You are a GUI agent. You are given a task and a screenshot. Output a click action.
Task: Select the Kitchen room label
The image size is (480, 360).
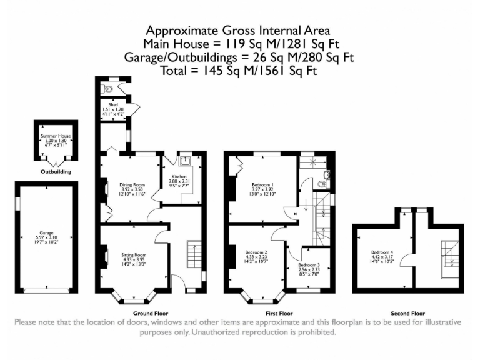pyautogui.click(x=179, y=177)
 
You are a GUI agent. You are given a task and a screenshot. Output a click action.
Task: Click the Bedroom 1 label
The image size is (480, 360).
pyautogui.click(x=262, y=185)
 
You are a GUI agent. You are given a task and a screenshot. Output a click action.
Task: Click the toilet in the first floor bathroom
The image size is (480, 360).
pyautogui.click(x=321, y=184)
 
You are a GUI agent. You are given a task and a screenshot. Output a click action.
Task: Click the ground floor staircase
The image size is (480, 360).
pyautogui.click(x=195, y=255)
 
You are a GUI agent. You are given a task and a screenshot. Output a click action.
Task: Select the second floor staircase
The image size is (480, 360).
pyautogui.click(x=447, y=257)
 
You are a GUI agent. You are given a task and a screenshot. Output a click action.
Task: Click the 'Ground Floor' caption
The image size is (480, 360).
pyautogui.click(x=151, y=312)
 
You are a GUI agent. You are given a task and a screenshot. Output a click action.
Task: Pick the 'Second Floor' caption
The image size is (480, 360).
pyautogui.click(x=407, y=312)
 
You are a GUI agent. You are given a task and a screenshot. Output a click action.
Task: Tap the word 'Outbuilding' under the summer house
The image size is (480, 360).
pyautogui.click(x=56, y=171)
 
